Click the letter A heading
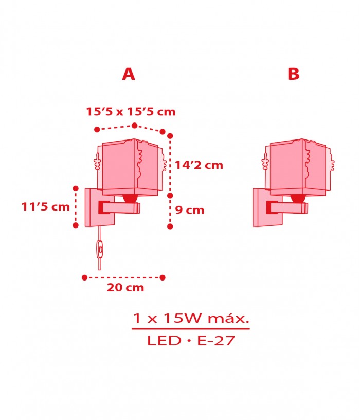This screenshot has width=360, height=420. click(129, 74)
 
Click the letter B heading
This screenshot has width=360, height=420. click(293, 74)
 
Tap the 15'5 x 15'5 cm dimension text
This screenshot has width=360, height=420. click(131, 111)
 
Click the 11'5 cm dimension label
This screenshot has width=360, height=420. click(45, 207)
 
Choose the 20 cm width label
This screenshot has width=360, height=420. click(125, 288)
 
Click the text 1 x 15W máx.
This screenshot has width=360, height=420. click(191, 318)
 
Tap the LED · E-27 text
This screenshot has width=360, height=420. click(191, 340)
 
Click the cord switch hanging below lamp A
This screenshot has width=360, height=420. click(100, 250)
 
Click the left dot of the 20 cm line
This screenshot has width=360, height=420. click(84, 277)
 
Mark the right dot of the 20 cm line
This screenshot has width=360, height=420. click(163, 277)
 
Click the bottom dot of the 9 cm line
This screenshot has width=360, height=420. click(170, 226)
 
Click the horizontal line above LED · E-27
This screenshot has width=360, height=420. click(191, 328)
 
